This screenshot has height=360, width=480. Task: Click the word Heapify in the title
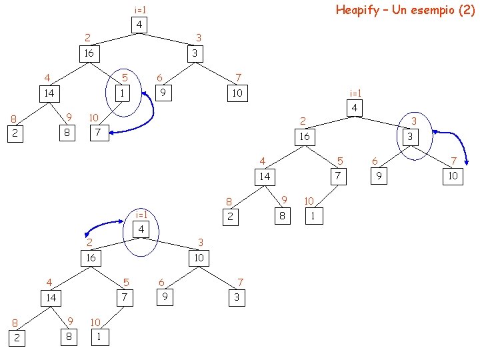[359, 10]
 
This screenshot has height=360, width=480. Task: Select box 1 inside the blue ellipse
[122, 93]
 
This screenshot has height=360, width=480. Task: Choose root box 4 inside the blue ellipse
[141, 230]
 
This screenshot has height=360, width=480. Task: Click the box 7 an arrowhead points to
[98, 133]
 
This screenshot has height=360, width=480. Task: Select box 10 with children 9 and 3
[199, 257]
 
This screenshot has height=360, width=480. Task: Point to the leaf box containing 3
[236, 297]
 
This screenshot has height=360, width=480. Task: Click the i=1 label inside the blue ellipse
[141, 215]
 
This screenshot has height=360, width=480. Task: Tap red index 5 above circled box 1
[124, 78]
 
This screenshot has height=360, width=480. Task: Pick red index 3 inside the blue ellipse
[414, 121]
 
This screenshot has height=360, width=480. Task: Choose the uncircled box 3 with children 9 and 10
[193, 53]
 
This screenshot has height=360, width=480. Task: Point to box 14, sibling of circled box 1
[49, 93]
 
